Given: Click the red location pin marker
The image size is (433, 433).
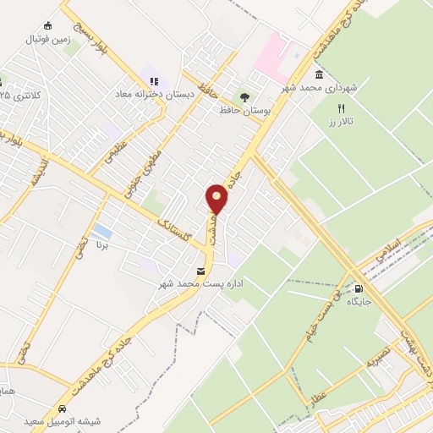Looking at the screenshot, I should (218, 199).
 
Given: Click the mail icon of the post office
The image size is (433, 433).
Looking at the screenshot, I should (200, 271).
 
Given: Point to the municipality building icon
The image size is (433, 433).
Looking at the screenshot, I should (319, 74).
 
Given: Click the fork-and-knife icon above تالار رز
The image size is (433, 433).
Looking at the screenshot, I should (342, 108).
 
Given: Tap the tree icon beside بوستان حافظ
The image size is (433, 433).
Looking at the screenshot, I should (245, 97).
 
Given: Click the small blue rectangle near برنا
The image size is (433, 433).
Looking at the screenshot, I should (101, 231).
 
